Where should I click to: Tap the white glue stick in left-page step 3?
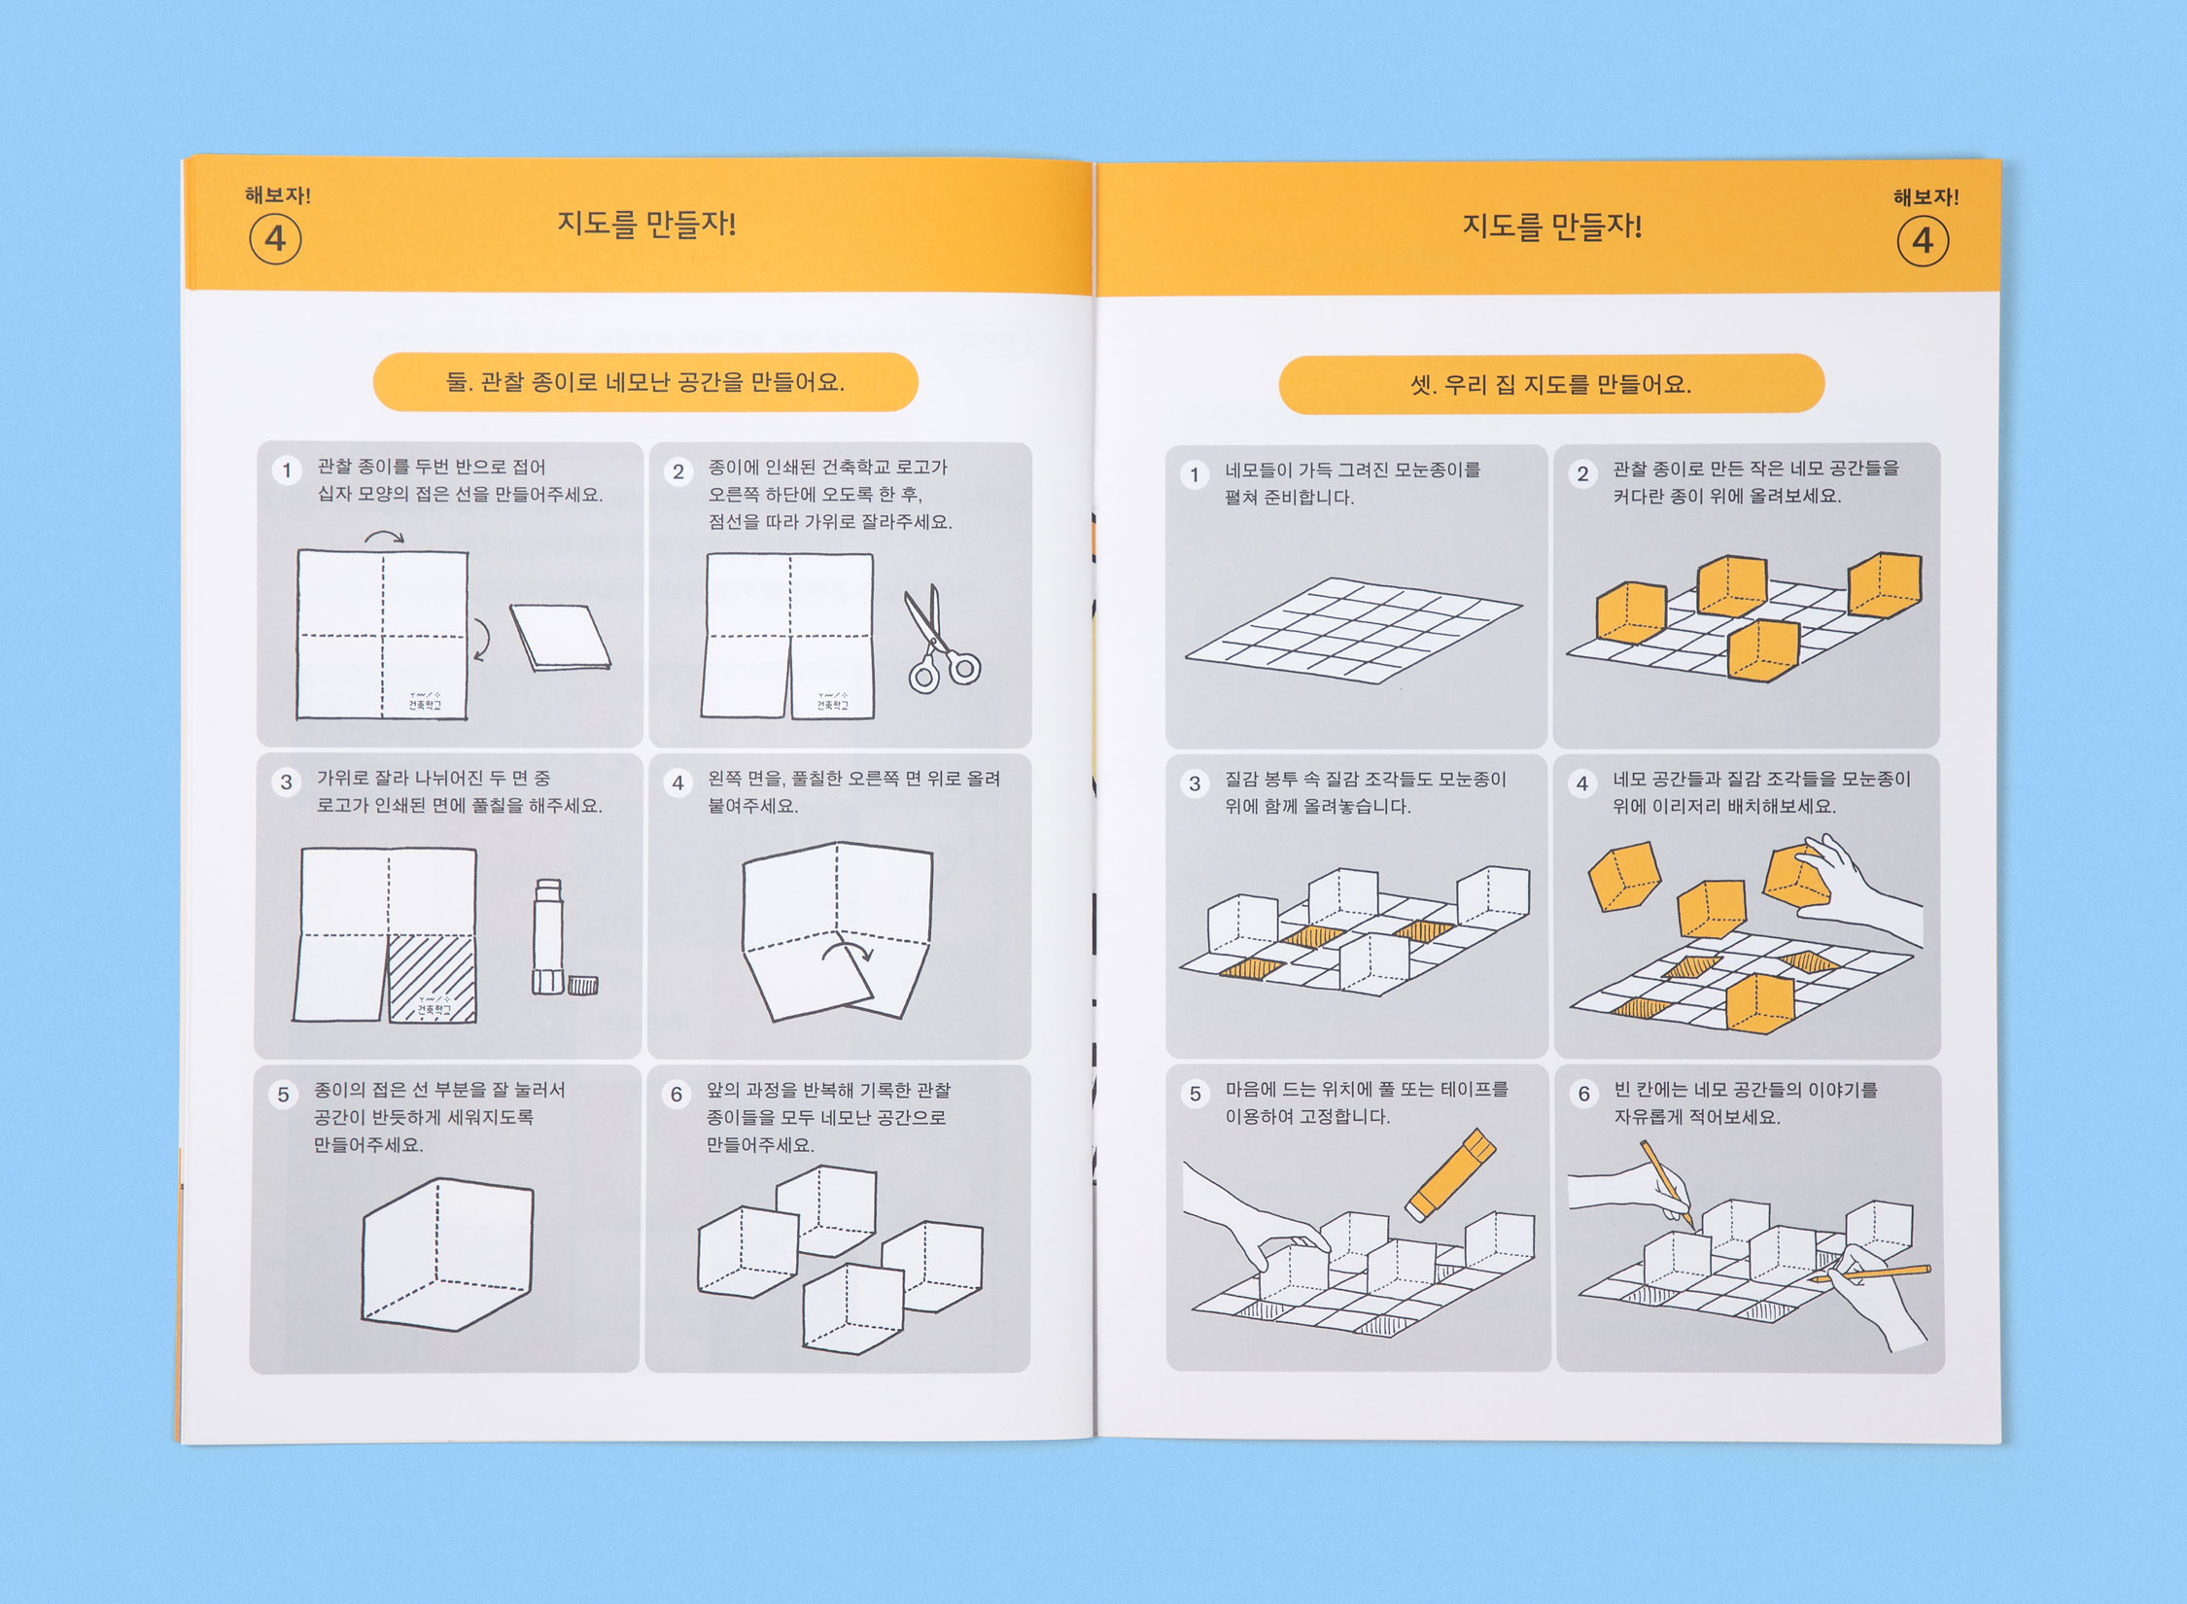coord(548,936)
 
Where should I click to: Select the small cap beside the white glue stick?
coord(583,986)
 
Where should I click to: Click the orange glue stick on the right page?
coord(1451,1173)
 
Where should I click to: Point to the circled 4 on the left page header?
coord(275,239)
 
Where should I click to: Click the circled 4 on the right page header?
coord(1923,241)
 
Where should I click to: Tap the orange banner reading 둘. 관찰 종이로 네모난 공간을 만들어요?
coord(645,382)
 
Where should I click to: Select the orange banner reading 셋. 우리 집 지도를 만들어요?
coord(1551,385)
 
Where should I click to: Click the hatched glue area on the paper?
coord(433,978)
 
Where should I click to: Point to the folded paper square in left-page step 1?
coord(561,638)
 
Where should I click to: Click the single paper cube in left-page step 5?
coord(448,1253)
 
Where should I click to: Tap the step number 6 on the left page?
coord(677,1095)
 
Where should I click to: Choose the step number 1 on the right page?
coord(1195,475)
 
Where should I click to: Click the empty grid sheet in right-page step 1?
coord(1353,629)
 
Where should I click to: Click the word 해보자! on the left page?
coord(278,195)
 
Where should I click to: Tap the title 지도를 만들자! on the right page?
coord(1552,227)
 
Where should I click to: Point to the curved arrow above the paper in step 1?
coord(385,536)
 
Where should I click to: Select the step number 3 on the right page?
coord(1195,784)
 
